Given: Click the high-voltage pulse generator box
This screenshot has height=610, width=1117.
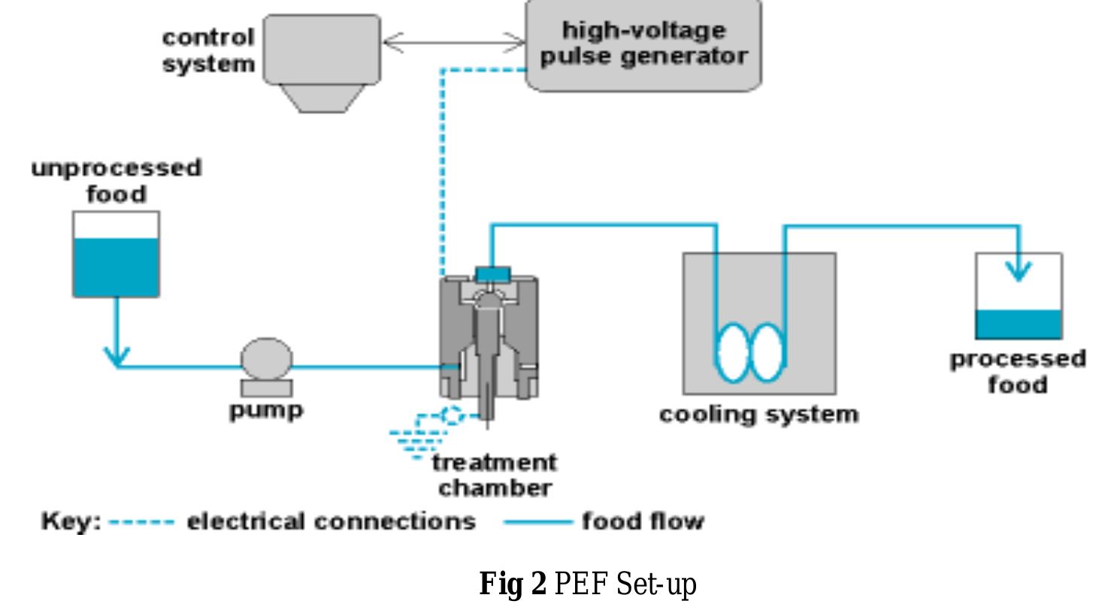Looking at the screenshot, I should [x=643, y=45].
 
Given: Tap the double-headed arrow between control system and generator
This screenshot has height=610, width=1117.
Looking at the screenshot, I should [x=453, y=43].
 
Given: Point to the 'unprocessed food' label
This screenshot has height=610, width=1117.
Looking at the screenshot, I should [x=117, y=180].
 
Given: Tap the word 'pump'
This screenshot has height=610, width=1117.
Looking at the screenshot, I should [x=266, y=410].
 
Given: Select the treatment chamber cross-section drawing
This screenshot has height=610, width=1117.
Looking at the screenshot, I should [x=489, y=338].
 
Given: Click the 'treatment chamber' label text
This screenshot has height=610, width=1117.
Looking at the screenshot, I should [x=495, y=474].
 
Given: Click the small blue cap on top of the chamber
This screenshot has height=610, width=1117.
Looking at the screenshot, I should [x=492, y=273].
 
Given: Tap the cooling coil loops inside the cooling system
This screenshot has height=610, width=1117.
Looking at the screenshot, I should [x=750, y=352].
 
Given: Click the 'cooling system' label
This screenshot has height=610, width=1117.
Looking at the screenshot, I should [x=758, y=414].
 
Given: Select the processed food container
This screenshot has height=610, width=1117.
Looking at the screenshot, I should [x=1018, y=297].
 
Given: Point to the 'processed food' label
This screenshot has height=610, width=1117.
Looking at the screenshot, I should [x=1018, y=371].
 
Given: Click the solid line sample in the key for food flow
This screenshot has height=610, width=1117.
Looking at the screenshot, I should [x=537, y=521].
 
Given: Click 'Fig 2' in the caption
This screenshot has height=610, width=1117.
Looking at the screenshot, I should [x=513, y=584].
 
